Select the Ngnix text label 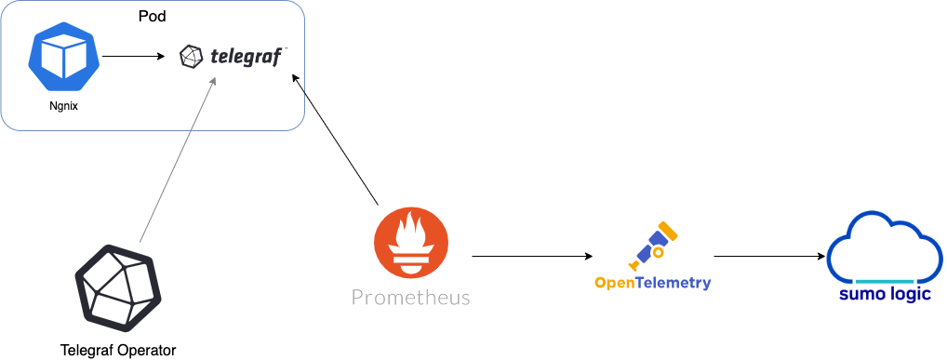pos(63,106)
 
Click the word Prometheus pos(410,298)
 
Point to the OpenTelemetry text pos(653,282)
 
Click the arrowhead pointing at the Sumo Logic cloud pos(822,255)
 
